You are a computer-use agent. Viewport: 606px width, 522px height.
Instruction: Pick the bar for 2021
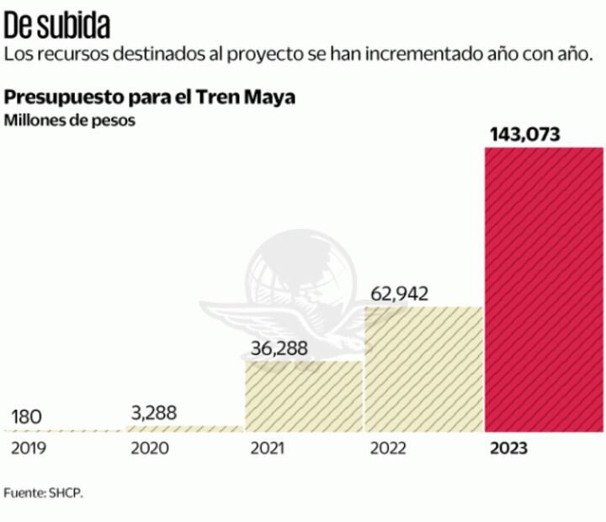pos(304,396)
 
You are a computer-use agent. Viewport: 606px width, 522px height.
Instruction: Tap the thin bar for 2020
pos(183,429)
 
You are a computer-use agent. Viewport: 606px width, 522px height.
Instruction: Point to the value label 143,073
pos(524,134)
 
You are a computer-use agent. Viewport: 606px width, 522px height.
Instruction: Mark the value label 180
pos(27,417)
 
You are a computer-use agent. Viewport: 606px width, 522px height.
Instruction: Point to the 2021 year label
pos(268,448)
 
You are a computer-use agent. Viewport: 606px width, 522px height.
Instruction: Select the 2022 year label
pos(388,448)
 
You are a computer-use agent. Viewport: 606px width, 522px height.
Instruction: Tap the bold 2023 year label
pos(509,448)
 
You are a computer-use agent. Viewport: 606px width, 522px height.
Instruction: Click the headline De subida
pos(56,26)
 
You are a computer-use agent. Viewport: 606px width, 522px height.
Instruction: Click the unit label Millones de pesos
pos(70,120)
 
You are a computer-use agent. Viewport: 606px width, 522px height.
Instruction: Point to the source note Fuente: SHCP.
pos(44,493)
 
